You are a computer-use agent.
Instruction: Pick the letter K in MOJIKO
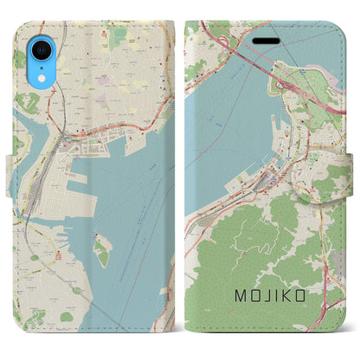(286, 298)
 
